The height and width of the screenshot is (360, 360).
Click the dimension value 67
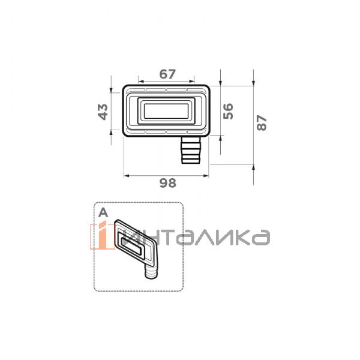tap(167, 74)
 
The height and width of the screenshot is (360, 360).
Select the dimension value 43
tap(103, 111)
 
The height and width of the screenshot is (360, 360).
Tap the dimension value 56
tap(228, 110)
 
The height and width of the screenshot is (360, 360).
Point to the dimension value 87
tap(261, 123)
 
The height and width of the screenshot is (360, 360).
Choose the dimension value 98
tap(168, 184)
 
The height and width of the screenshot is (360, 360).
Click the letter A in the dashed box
tap(103, 212)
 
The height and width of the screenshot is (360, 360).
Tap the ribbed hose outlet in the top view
tap(191, 149)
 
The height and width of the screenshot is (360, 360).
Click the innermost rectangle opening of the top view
tap(166, 110)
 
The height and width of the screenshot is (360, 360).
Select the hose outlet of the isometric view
tap(150, 273)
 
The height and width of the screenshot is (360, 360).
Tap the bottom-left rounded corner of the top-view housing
tap(126, 131)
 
